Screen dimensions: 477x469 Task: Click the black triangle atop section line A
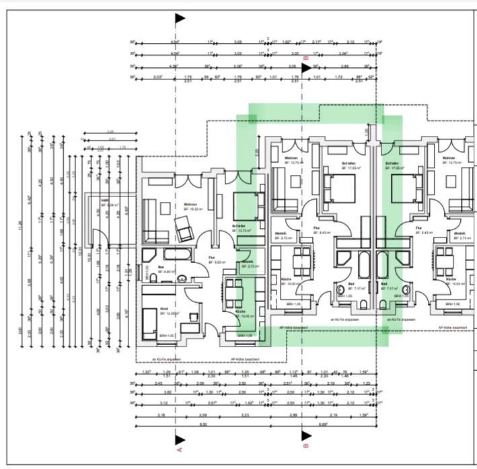tap(180, 19)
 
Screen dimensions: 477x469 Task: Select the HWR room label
tap(105, 201)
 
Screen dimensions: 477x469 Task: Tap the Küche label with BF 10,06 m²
tap(240, 312)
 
